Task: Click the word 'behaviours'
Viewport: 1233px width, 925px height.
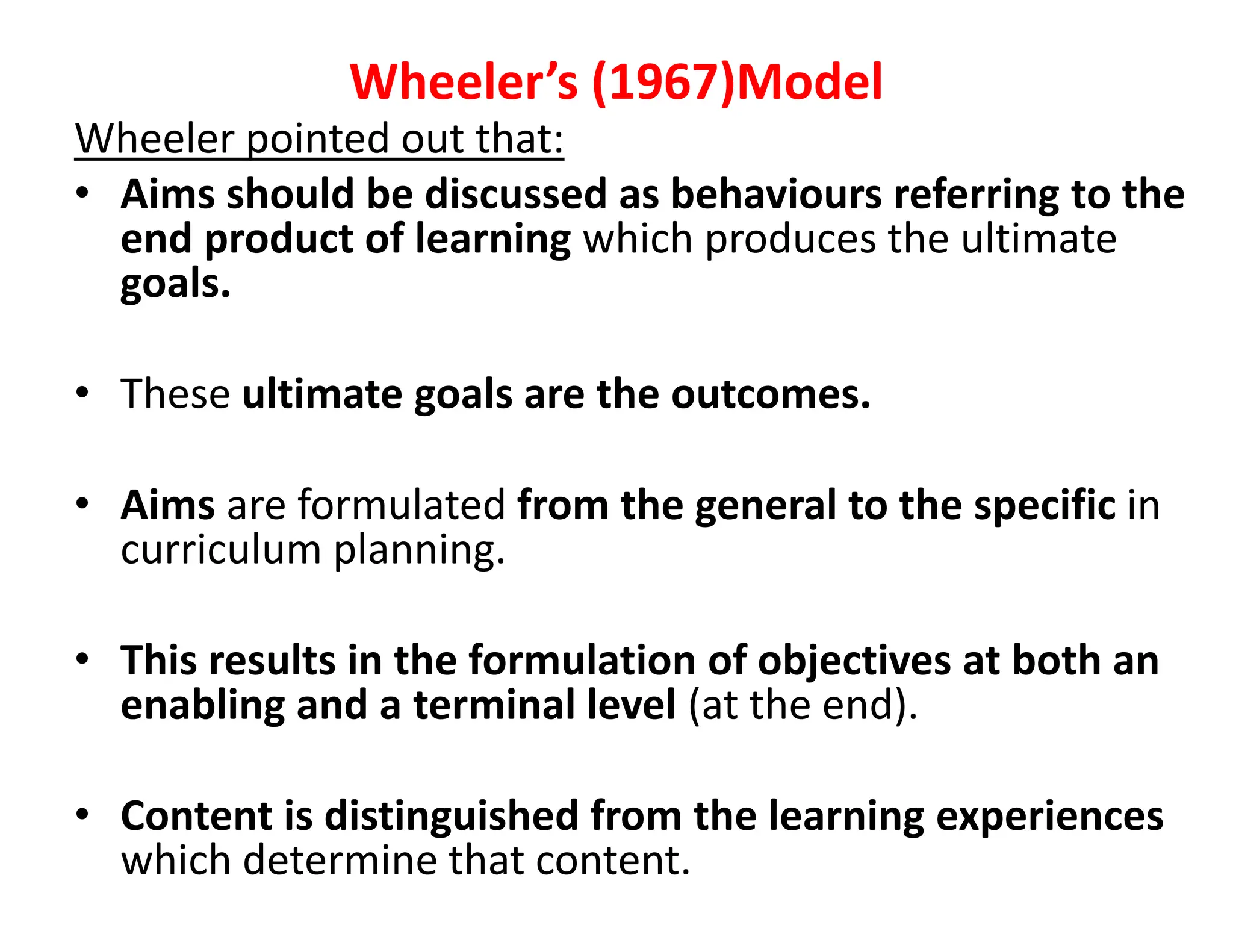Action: [x=776, y=195]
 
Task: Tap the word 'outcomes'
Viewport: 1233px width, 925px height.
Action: [x=771, y=394]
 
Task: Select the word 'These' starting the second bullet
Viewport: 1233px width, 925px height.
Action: [x=175, y=394]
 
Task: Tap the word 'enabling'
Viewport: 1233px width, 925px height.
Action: [x=202, y=705]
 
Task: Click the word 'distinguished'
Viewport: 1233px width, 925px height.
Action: [x=452, y=816]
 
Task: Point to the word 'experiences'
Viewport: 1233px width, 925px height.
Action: [x=1050, y=816]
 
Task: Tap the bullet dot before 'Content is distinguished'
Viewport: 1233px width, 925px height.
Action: [x=82, y=814]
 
